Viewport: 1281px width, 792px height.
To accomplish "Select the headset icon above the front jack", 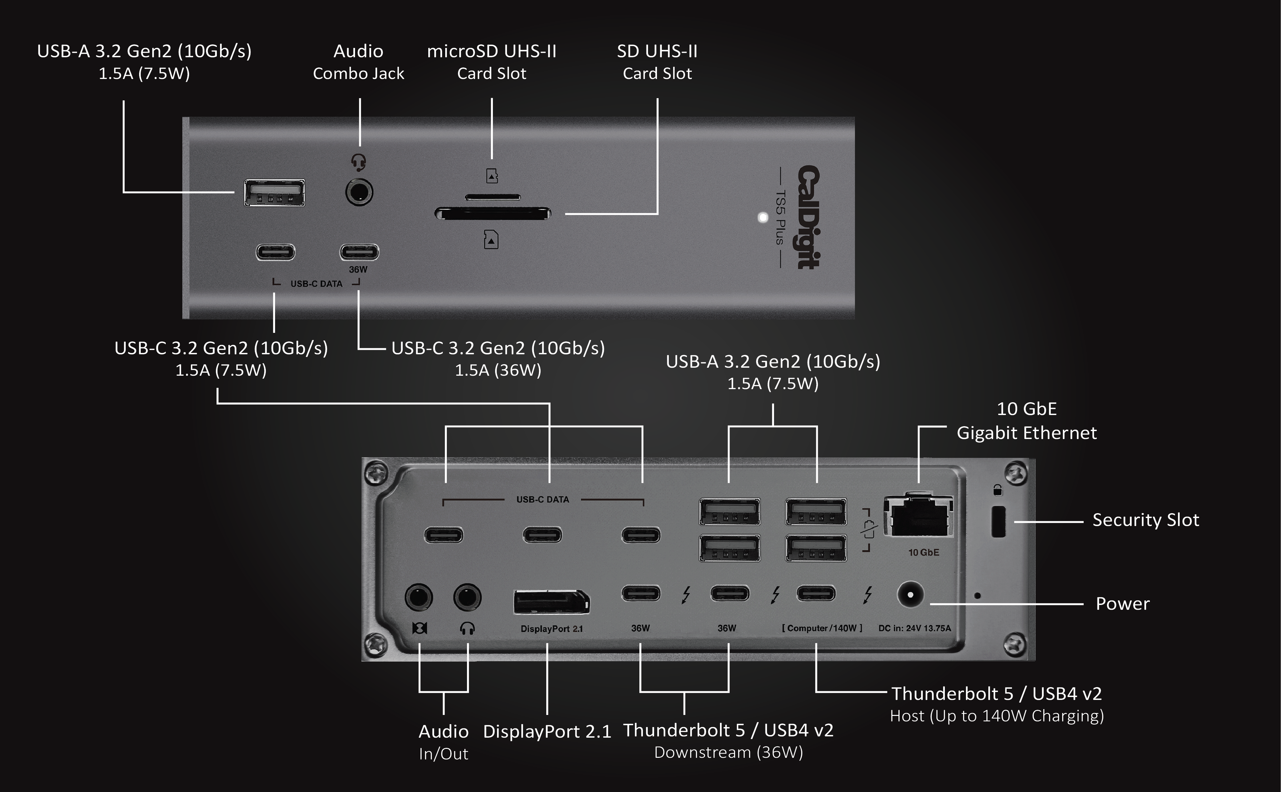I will (x=358, y=162).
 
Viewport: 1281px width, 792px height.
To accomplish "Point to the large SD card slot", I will (x=493, y=213).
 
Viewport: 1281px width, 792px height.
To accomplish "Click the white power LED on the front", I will (x=763, y=217).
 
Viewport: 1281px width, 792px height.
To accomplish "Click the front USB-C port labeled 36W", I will (x=359, y=252).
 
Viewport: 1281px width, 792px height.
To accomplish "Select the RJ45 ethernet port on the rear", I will (x=918, y=516).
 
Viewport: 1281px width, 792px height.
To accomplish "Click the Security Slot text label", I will (x=1145, y=520).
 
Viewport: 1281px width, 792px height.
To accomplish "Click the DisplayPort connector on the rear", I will (x=551, y=602).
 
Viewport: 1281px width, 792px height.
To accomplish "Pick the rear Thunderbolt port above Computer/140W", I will (x=816, y=593).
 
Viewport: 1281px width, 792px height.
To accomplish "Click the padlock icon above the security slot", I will (x=998, y=490).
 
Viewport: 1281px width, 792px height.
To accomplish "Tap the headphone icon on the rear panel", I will (x=467, y=628).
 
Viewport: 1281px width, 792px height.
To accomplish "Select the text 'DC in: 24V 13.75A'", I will (x=914, y=628).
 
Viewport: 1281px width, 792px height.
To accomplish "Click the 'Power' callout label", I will (x=1122, y=604).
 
